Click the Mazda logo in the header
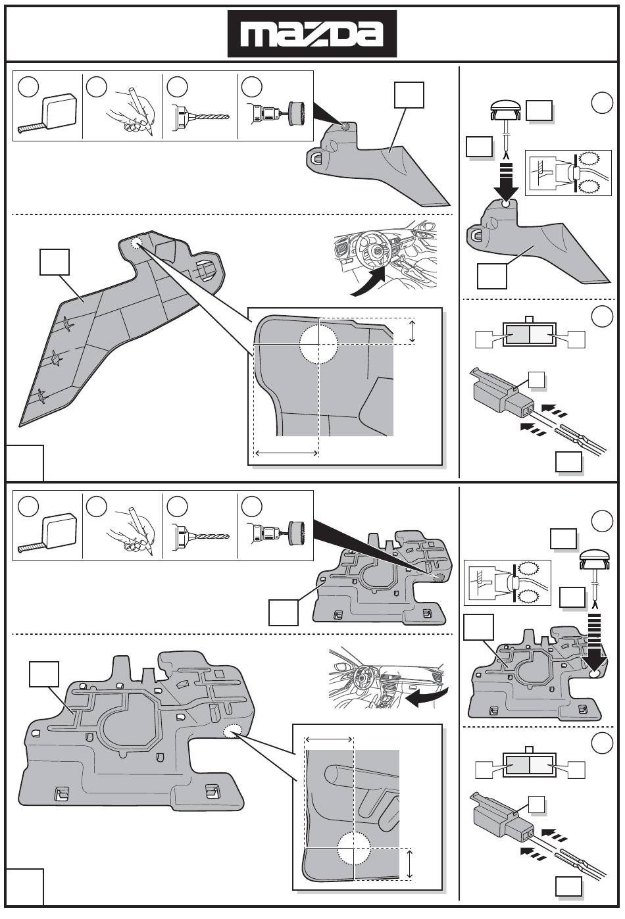coord(312,34)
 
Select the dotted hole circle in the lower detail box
coord(355,848)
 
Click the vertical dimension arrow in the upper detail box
coord(413,331)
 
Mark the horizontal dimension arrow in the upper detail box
coord(287,453)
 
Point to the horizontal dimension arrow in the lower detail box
coord(330,739)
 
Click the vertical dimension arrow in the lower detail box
coord(410,863)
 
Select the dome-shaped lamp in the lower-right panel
coord(595,560)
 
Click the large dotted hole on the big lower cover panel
coord(234,732)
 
